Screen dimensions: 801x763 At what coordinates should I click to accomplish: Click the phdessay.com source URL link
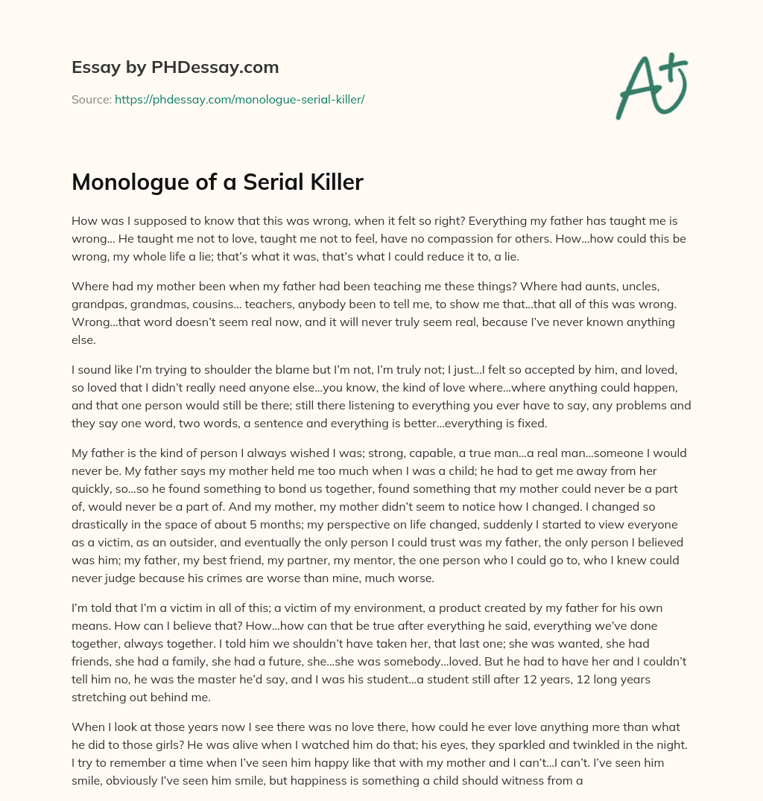[239, 99]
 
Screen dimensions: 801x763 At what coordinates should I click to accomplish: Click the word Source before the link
[91, 99]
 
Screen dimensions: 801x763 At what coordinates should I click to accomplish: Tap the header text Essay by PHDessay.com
[175, 68]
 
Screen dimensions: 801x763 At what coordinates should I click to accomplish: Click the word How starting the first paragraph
[83, 221]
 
